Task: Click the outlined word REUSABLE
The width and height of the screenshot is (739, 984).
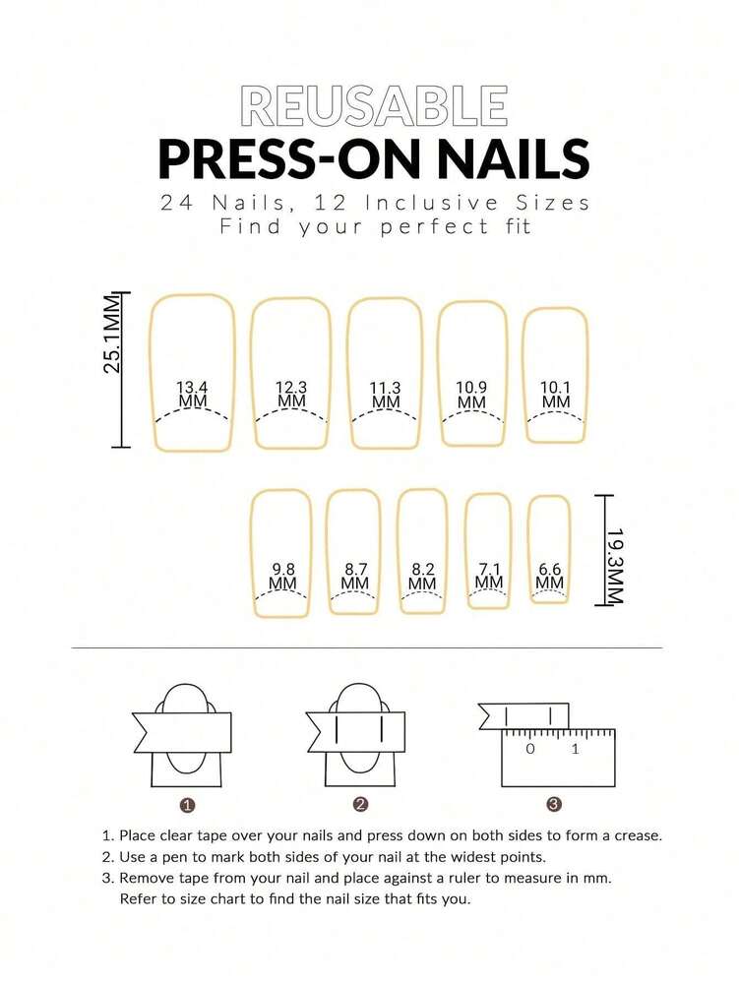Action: click(x=374, y=106)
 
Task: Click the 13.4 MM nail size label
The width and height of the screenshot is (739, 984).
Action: click(x=193, y=395)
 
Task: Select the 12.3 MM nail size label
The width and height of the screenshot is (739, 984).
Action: click(x=290, y=395)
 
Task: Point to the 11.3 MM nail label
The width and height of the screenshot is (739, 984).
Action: click(x=386, y=395)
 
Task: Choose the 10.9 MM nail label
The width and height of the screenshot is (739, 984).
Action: click(x=471, y=395)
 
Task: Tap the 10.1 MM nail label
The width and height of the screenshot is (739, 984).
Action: click(x=556, y=395)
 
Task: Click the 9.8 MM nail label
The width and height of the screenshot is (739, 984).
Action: click(x=282, y=576)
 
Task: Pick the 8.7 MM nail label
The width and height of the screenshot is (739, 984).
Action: click(x=355, y=576)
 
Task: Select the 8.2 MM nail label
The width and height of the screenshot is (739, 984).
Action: click(x=422, y=576)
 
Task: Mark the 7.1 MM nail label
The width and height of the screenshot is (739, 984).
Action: click(x=489, y=576)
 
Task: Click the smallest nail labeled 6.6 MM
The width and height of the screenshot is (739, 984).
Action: click(x=550, y=576)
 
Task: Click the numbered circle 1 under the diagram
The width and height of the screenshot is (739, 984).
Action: click(x=187, y=805)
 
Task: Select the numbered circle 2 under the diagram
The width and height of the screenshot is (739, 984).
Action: click(x=361, y=805)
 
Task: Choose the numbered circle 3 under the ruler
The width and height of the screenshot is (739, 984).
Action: click(x=554, y=805)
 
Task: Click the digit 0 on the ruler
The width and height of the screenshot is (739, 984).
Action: click(x=530, y=749)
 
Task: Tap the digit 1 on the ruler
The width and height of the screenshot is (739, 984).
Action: click(x=576, y=749)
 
